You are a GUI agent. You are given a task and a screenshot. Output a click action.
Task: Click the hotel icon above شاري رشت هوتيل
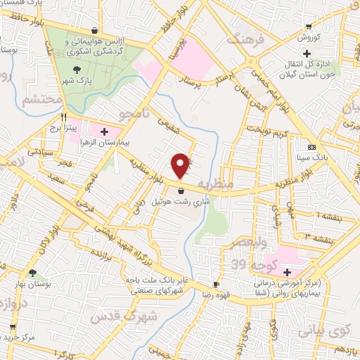pyautogui.click(x=181, y=190)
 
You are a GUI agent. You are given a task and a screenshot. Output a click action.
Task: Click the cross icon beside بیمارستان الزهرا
pyautogui.click(x=105, y=131)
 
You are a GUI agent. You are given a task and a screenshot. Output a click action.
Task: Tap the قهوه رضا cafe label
pyautogui.click(x=217, y=296)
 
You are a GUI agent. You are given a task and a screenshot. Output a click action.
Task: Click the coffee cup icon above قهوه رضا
pyautogui.click(x=217, y=284)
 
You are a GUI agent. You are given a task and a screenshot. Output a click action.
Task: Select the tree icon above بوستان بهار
pyautogui.click(x=31, y=272)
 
